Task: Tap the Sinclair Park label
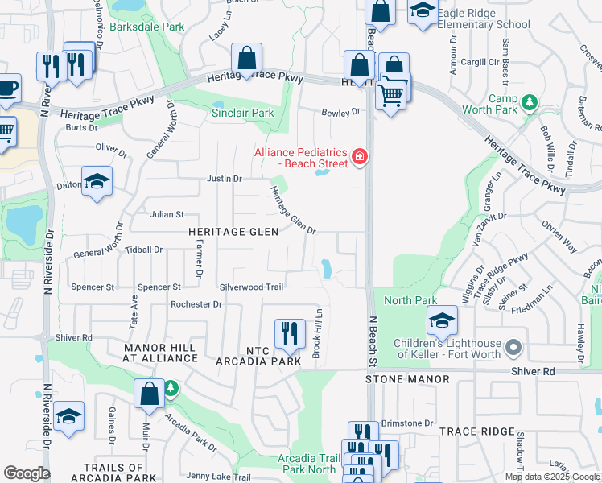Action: [242, 114]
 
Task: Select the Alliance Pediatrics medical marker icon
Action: [360, 157]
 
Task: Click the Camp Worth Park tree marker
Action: [529, 102]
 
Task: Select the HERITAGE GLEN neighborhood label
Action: [233, 232]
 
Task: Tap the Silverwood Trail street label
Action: [251, 287]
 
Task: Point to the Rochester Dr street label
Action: [196, 304]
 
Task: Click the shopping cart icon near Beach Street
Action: [391, 93]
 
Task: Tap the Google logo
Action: [27, 473]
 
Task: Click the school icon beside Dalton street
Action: [97, 182]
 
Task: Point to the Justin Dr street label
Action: [225, 179]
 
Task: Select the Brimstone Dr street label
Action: [406, 423]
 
